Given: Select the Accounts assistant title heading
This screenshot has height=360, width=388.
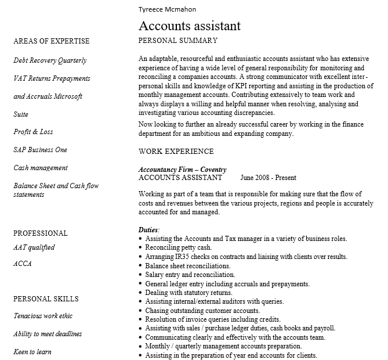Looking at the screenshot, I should [189, 26].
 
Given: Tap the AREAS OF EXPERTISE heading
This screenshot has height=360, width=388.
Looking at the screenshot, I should [51, 41].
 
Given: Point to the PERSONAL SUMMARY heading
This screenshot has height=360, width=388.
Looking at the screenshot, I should [178, 41].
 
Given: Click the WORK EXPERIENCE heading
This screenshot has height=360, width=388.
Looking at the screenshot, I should [176, 152].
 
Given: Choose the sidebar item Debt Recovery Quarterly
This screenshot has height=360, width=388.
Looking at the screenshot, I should [50, 60].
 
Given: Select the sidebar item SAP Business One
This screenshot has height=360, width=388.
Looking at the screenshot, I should [40, 150].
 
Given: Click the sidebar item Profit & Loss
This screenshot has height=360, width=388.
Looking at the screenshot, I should [32, 132].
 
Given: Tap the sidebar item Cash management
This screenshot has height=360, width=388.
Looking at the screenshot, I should [41, 168].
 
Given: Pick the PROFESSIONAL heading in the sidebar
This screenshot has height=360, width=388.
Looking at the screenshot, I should [40, 233].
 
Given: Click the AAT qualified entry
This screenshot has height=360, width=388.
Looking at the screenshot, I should [34, 247].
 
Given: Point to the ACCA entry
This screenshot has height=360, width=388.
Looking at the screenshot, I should [22, 264].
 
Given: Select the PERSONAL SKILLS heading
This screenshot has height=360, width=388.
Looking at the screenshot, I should [46, 299].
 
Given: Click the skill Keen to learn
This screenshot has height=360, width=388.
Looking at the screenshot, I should [32, 352].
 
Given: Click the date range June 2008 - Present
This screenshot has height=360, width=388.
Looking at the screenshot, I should [268, 178].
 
